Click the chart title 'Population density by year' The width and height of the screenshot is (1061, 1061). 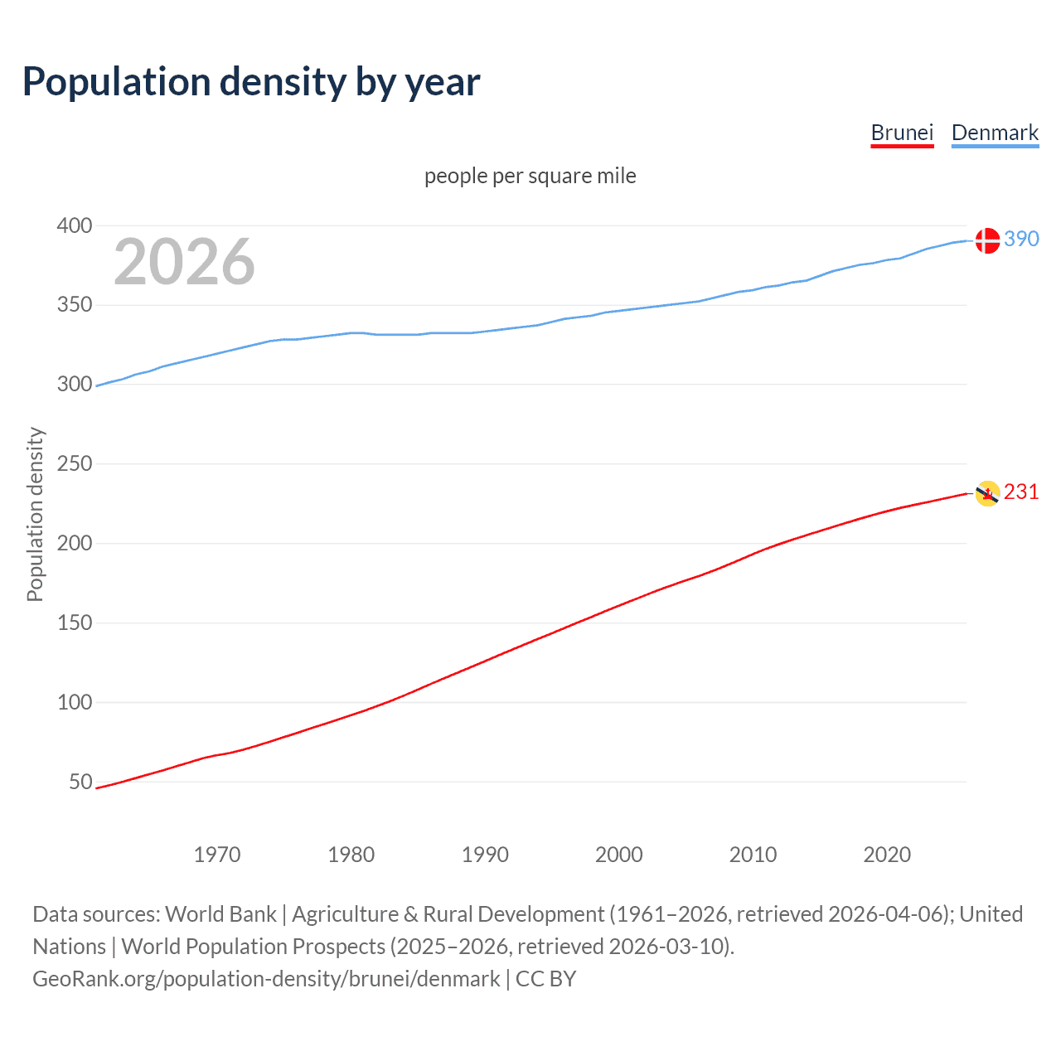coord(251,82)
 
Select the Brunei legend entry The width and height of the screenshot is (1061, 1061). coord(902,133)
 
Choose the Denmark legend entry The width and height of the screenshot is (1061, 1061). coord(995,133)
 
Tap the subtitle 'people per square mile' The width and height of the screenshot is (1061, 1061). coord(530,176)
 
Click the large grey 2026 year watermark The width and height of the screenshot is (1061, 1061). coord(184,262)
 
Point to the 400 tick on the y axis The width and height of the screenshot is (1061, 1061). coord(75,225)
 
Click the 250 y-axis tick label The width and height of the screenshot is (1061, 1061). coord(75,463)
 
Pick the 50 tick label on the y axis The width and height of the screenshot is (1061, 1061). coord(80,782)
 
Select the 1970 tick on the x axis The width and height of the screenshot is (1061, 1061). coord(217,855)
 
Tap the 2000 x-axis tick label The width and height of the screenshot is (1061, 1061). coord(619,855)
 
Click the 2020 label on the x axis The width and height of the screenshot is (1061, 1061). coord(887,855)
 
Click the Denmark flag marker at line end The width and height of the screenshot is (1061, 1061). coord(987,240)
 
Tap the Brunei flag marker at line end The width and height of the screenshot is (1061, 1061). coord(987,493)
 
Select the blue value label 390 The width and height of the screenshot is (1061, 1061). coord(1021,239)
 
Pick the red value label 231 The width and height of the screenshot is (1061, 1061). coord(1021,492)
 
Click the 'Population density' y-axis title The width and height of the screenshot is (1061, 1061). coord(35,514)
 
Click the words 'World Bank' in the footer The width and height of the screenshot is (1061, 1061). coord(220,914)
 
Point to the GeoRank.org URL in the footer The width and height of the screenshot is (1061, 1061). coord(266,979)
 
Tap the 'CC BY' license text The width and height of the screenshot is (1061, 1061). coord(545,979)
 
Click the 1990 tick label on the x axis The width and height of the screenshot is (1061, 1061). coord(485,855)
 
